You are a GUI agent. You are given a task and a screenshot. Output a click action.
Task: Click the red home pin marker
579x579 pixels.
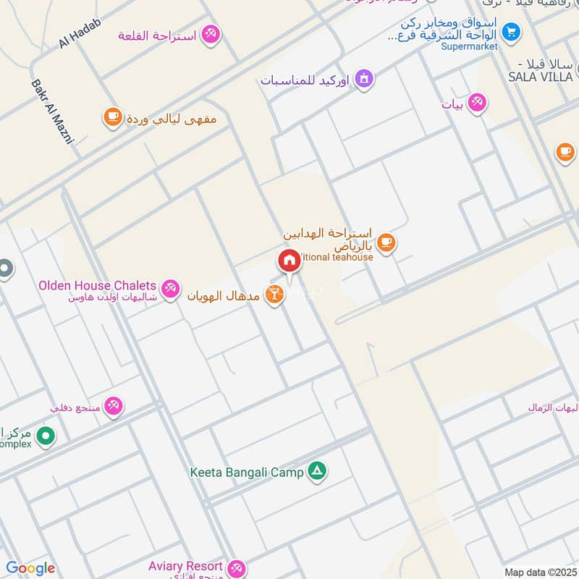pyautogui.click(x=289, y=260)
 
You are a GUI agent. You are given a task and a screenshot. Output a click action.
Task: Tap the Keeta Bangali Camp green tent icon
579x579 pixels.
pyautogui.click(x=316, y=472)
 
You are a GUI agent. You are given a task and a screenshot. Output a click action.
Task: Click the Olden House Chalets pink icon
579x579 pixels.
pyautogui.click(x=170, y=288)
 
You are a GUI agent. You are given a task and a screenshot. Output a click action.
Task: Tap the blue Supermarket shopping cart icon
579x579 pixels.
pyautogui.click(x=511, y=32)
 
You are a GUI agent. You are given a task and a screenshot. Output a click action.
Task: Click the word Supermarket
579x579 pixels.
pyautogui.click(x=470, y=46)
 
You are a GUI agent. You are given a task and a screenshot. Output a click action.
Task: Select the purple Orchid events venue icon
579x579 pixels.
pyautogui.click(x=363, y=78)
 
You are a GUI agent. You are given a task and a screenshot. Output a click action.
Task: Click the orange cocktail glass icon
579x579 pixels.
pyautogui.click(x=274, y=295)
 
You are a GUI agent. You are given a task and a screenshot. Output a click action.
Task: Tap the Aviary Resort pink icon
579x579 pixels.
pyautogui.click(x=236, y=567)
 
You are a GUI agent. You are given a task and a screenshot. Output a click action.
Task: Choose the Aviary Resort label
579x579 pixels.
pyautogui.click(x=186, y=566)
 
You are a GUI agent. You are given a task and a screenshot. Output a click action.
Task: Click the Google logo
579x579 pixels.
pyautogui.click(x=30, y=568)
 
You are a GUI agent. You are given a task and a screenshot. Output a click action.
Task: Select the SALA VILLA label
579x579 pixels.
pyautogui.click(x=540, y=76)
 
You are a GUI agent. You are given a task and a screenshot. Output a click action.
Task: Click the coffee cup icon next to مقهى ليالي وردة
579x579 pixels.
pyautogui.click(x=112, y=117)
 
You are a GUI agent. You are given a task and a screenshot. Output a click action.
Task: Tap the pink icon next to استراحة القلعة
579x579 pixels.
pyautogui.click(x=211, y=34)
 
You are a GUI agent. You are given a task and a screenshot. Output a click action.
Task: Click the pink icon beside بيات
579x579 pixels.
pyautogui.click(x=476, y=103)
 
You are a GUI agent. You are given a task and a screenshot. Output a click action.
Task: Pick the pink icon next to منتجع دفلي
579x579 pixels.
pyautogui.click(x=114, y=406)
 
